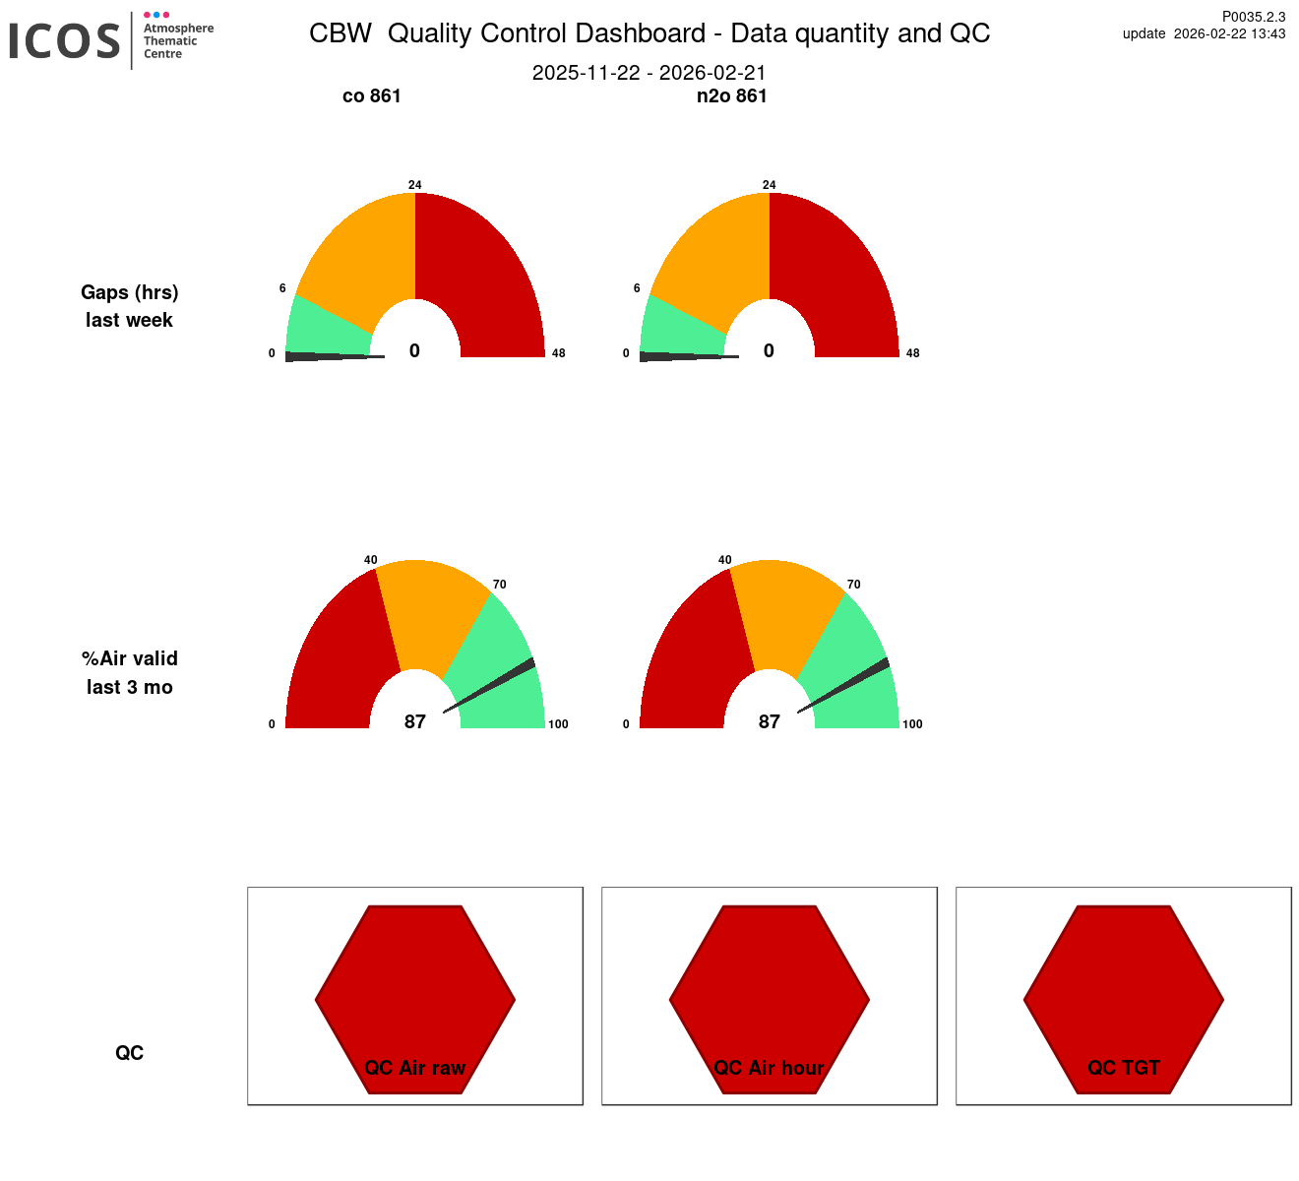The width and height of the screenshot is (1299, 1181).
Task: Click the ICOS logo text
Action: click(x=65, y=41)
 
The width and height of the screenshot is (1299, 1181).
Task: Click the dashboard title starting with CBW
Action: click(x=649, y=33)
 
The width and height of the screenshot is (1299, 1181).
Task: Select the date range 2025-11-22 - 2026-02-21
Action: click(x=649, y=73)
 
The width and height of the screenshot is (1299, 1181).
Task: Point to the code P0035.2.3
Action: click(x=1253, y=17)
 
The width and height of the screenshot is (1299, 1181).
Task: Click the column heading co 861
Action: click(x=372, y=96)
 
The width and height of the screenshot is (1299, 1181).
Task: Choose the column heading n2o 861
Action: click(x=731, y=96)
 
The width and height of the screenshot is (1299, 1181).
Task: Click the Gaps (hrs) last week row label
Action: click(x=129, y=306)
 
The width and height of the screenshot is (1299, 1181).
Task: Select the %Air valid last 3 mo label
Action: click(x=130, y=673)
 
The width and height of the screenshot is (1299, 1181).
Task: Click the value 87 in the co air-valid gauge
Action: click(x=415, y=722)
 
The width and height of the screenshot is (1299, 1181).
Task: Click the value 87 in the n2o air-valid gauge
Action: click(x=770, y=722)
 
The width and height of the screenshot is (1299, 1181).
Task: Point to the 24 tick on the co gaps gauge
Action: click(x=415, y=185)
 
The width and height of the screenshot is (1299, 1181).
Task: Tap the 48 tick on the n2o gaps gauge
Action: click(x=912, y=353)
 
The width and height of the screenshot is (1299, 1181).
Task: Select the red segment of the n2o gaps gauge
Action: click(x=836, y=276)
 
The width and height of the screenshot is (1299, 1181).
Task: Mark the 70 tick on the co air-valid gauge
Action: click(x=500, y=585)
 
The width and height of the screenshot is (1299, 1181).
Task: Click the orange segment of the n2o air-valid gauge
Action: click(x=787, y=610)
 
